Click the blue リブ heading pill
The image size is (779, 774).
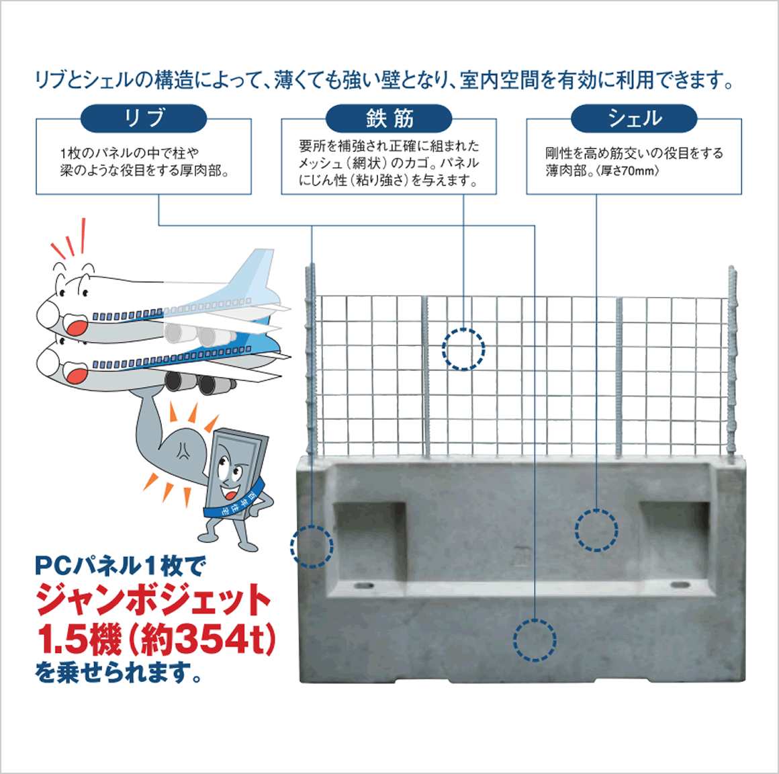tap(143, 119)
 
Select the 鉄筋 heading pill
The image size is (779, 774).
tap(389, 119)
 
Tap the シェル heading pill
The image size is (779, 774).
tap(634, 119)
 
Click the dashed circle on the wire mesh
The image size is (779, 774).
tap(463, 349)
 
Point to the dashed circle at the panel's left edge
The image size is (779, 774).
tap(312, 546)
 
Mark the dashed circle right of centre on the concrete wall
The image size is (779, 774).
tap(596, 530)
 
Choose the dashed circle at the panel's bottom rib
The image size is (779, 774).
tap(535, 640)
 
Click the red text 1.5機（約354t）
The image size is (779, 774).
tap(156, 639)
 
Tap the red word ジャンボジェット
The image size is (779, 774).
tap(154, 600)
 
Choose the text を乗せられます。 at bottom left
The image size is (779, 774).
tap(119, 673)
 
